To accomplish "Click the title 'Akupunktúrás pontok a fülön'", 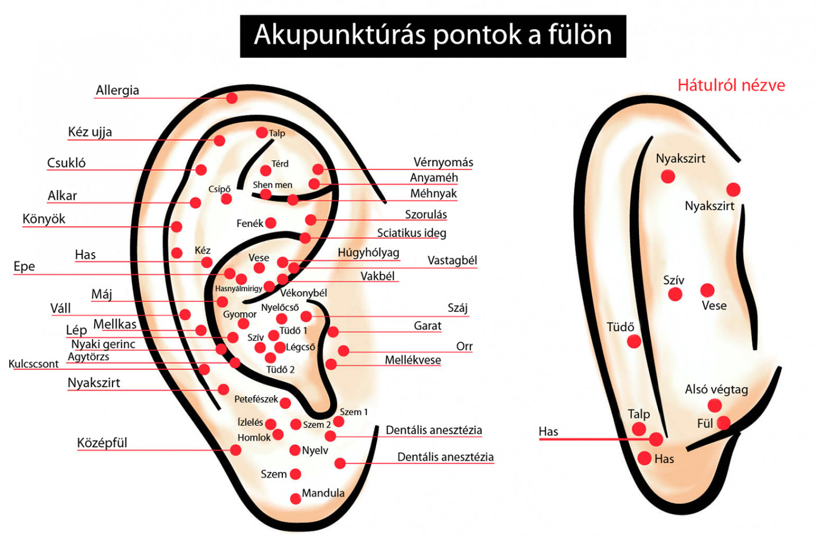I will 433,36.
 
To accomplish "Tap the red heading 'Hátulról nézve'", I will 731,86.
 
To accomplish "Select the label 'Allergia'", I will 117,90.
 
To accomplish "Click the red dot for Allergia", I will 232,98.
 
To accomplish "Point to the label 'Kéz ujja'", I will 90,132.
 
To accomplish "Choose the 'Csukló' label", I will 66,163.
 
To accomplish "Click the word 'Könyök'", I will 44,219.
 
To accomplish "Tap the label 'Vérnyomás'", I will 443,162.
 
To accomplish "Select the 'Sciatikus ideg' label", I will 411,233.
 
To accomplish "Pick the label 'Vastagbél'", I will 452,261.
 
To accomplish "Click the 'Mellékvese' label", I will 413,360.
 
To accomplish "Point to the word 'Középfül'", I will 102,443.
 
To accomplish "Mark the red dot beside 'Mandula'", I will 296,498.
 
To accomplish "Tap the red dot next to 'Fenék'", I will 271,223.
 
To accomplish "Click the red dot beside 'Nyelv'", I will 295,450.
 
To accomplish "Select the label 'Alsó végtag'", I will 716,390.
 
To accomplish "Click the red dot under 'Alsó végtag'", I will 715,406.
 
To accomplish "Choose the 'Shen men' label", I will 273,185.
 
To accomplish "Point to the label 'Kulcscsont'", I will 33,364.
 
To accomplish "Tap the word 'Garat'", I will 428,326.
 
